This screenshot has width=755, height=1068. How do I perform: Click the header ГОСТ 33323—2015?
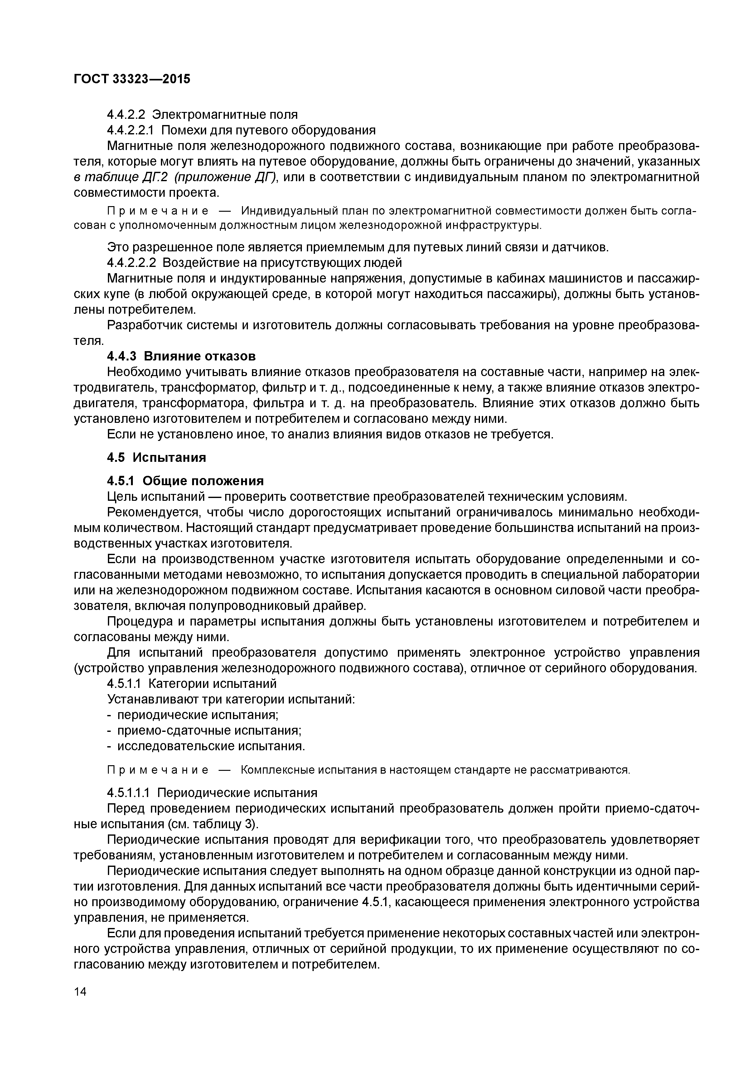tap(132, 79)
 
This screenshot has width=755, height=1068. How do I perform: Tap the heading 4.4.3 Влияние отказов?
tap(181, 356)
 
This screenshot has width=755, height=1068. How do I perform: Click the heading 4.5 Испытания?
tap(156, 458)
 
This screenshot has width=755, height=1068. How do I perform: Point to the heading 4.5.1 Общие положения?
tap(185, 481)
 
